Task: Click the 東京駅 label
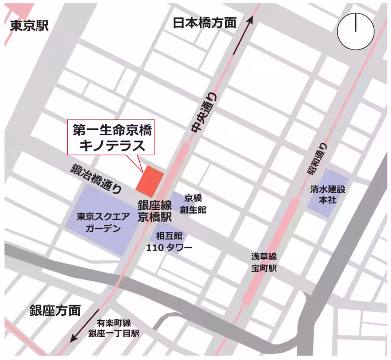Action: [29, 26]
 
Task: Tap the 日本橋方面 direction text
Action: [205, 23]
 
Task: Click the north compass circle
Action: [355, 32]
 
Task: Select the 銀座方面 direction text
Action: [55, 311]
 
